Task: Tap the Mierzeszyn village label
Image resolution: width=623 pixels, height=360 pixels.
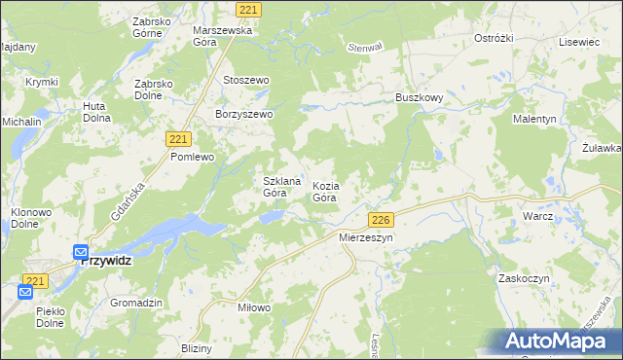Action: tap(365, 236)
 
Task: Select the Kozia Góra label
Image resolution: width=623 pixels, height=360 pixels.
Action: tap(325, 191)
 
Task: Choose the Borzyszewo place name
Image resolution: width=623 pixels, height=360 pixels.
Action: tap(245, 114)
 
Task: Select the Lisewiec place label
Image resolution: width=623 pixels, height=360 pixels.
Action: tap(578, 43)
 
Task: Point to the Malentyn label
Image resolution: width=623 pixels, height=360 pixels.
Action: tap(534, 119)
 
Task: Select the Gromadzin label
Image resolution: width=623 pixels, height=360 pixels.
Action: tap(135, 303)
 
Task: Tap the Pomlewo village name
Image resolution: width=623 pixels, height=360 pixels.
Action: tap(191, 156)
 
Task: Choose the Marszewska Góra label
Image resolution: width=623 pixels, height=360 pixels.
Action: tap(222, 36)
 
